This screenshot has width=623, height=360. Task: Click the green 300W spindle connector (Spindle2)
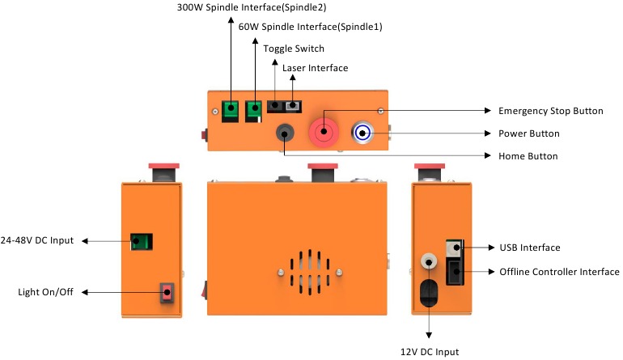point(232,110)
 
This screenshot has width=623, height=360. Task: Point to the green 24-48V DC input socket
point(142,241)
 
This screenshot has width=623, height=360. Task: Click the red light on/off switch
point(167,291)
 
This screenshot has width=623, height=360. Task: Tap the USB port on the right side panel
point(455,247)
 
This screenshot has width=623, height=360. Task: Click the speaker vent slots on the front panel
point(305,271)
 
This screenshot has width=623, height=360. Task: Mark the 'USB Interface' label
point(530,248)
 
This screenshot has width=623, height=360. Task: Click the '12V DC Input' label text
point(430,352)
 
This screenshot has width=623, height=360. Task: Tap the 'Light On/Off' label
point(45,291)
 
